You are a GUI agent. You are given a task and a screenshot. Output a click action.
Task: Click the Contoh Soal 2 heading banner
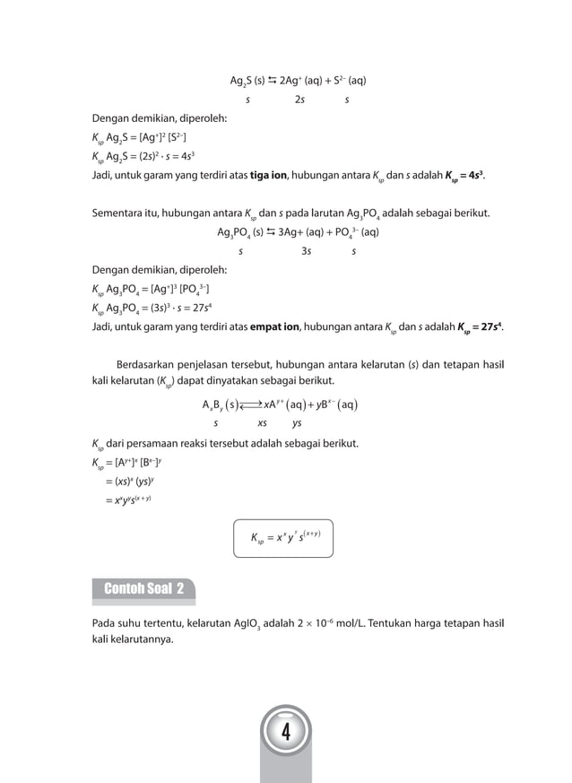coord(143,589)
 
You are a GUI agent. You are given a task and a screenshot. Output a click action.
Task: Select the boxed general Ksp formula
coord(285,539)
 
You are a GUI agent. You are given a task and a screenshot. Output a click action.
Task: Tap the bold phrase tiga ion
coord(262,174)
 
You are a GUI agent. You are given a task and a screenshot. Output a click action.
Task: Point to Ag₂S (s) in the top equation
coord(247,82)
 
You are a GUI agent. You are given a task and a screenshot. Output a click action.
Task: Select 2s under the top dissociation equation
coord(299,100)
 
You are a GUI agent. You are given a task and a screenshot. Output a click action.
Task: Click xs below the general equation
coord(262,422)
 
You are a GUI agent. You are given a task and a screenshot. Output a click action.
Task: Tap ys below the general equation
coord(297,422)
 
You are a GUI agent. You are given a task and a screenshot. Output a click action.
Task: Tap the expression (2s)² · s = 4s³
coord(163,155)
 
